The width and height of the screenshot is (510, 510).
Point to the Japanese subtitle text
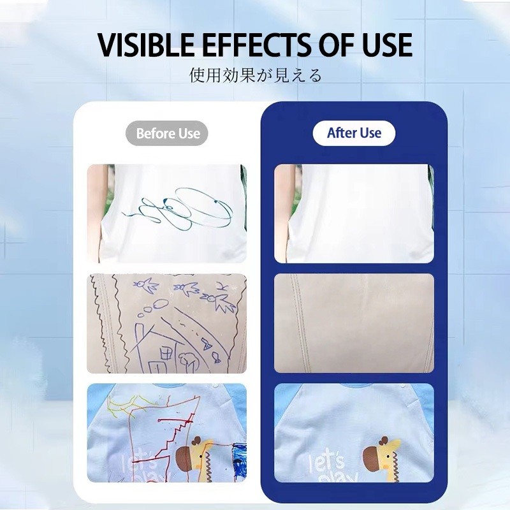click(x=256, y=75)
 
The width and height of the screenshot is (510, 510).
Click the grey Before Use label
click(x=167, y=133)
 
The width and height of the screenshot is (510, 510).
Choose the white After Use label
click(x=354, y=133)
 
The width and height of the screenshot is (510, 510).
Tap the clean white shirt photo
click(x=354, y=214)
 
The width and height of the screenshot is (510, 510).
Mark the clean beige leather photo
click(x=354, y=323)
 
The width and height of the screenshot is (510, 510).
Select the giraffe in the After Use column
click(x=382, y=459)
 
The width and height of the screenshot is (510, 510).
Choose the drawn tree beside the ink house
click(x=189, y=361)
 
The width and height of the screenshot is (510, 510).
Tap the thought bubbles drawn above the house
click(x=153, y=308)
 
